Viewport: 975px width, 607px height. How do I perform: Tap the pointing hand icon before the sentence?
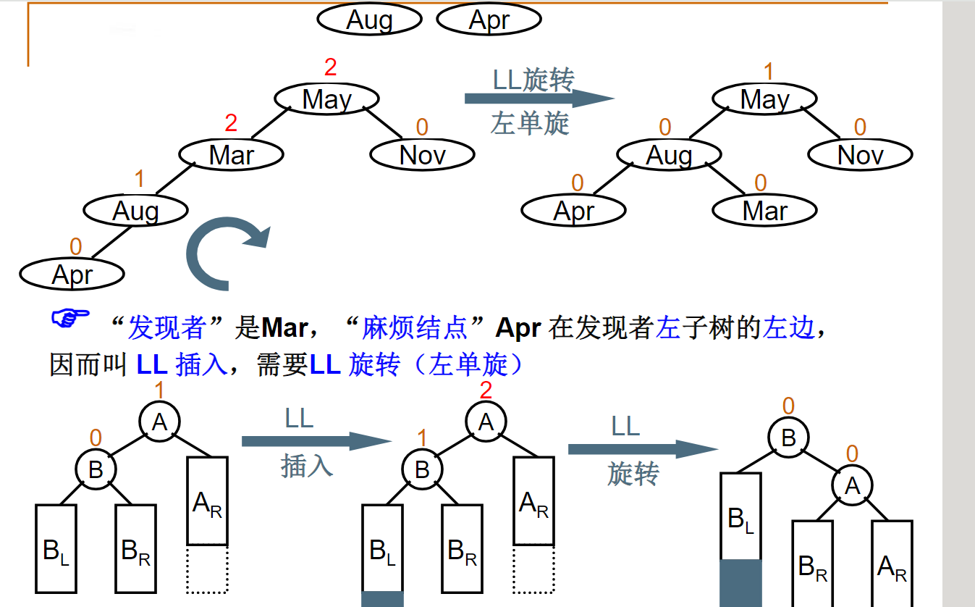click(70, 319)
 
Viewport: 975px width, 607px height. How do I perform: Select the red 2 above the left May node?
click(330, 68)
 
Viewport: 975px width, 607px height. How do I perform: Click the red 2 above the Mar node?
click(231, 123)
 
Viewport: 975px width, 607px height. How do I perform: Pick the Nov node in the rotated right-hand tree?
click(860, 154)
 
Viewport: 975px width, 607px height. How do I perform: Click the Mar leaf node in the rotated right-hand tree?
click(764, 211)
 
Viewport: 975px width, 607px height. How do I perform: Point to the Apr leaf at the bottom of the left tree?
click(72, 275)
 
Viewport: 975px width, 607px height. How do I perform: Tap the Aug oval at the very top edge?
click(369, 20)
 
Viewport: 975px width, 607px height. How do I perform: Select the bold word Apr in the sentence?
click(518, 328)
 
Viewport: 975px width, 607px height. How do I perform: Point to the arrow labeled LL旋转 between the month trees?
click(539, 99)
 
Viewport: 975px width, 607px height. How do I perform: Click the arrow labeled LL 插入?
click(316, 441)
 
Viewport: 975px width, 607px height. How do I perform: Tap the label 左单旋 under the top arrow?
click(530, 124)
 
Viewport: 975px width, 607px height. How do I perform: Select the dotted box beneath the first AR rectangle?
click(208, 569)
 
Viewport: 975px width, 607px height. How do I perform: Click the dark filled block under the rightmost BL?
click(740, 582)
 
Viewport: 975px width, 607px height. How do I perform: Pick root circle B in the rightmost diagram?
click(788, 438)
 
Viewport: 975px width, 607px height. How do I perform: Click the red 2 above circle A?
click(486, 391)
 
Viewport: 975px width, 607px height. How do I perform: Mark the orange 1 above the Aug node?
click(140, 180)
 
